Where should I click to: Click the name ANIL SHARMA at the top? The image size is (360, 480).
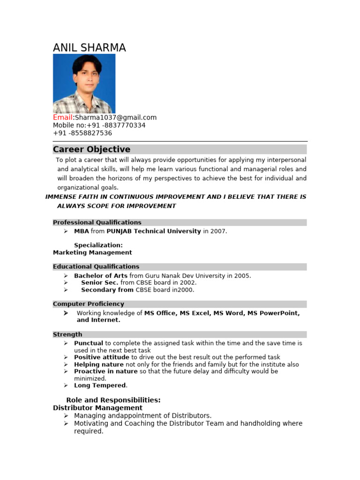(89, 48)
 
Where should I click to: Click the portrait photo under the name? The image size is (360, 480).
(84, 83)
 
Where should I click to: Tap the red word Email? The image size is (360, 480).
(63, 118)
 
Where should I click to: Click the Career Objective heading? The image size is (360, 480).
(91, 150)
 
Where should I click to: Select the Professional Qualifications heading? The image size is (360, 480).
(97, 222)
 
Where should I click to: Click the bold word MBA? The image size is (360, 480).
(82, 231)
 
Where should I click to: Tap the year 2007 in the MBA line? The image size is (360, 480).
(219, 231)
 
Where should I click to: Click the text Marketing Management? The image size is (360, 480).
(92, 252)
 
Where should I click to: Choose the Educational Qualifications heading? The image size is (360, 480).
(96, 267)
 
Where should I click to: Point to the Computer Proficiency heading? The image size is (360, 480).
(89, 304)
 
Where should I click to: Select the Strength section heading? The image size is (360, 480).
(67, 334)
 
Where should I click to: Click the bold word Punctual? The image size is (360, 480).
(89, 343)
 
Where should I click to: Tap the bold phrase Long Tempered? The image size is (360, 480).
(100, 385)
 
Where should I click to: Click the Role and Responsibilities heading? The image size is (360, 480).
(113, 400)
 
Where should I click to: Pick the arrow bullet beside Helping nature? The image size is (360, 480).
(66, 364)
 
